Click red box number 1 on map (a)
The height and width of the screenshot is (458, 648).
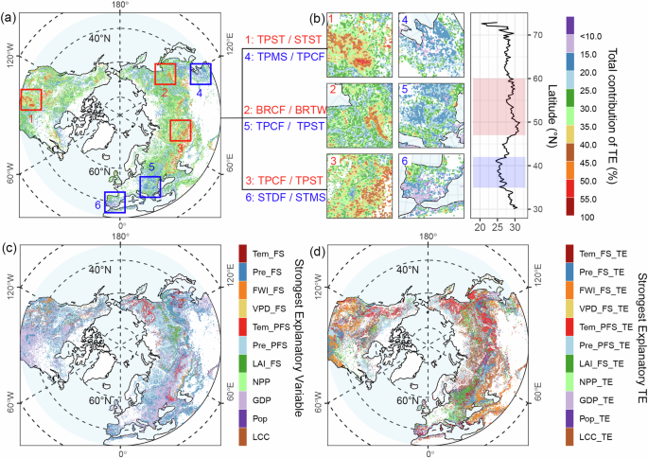pos(30,99)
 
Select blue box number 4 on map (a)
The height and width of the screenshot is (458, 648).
pos(201,74)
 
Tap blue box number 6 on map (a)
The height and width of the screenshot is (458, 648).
pos(114,203)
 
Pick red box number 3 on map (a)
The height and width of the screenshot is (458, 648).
pos(181,131)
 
